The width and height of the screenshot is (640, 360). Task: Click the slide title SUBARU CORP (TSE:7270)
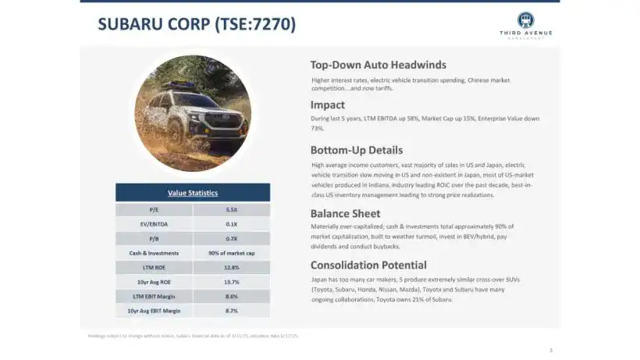click(197, 24)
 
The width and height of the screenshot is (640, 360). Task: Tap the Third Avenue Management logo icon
click(525, 20)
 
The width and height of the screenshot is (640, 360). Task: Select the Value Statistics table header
click(193, 193)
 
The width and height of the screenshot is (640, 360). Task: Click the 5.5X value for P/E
click(231, 210)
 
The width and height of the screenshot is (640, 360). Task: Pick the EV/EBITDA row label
click(155, 224)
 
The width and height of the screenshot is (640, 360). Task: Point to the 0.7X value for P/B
click(231, 239)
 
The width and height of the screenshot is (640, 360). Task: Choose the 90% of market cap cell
click(231, 253)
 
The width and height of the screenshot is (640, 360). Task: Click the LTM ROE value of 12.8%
click(231, 268)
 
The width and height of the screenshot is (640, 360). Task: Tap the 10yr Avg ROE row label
click(155, 282)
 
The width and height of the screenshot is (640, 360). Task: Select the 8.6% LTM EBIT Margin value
click(231, 297)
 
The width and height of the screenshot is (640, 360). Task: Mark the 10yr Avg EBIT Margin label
click(155, 311)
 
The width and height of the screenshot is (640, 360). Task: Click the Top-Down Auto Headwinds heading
click(379, 65)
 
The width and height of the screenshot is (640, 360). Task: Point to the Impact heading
click(328, 105)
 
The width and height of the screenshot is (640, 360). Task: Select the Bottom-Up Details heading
click(357, 150)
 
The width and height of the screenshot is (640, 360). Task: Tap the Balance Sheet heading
click(346, 213)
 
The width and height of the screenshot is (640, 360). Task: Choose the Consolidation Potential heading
click(368, 265)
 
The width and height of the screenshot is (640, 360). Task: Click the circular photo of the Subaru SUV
click(193, 113)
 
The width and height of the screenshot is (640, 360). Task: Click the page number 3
click(550, 350)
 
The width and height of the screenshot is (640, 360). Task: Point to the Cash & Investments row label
click(155, 253)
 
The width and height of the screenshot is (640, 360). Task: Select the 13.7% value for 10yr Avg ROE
click(231, 282)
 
